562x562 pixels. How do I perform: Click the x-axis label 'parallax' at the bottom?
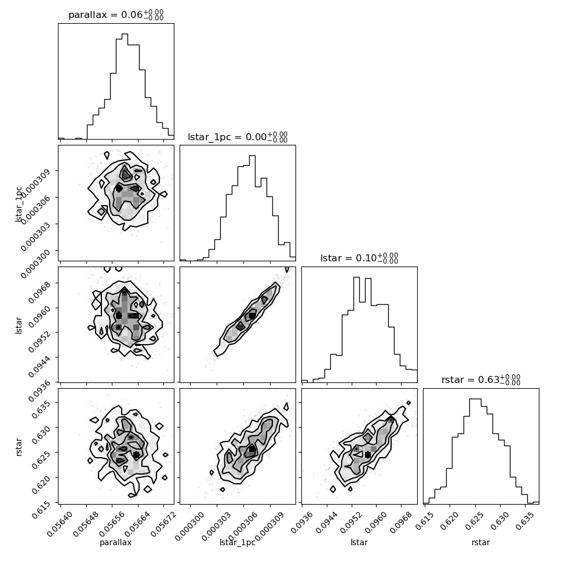click(x=116, y=542)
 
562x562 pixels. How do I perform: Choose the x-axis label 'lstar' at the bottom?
click(x=359, y=542)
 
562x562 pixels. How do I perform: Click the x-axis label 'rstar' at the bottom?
click(x=481, y=542)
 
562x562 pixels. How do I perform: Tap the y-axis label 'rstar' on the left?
click(x=19, y=447)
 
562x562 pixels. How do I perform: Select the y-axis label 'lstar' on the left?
click(x=19, y=325)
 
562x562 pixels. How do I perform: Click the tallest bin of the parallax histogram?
click(x=125, y=86)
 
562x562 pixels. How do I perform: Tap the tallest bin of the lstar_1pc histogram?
click(x=253, y=208)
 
